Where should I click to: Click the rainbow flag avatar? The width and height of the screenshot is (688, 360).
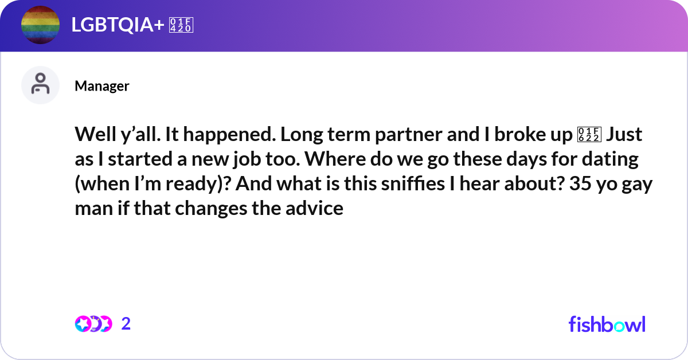click(40, 25)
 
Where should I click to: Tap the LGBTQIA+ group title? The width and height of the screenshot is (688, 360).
click(118, 25)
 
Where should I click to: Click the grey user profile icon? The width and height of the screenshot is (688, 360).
click(40, 85)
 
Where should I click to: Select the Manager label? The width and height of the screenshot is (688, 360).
click(102, 86)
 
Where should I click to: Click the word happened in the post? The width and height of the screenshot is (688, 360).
click(229, 135)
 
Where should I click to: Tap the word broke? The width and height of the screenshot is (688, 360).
click(519, 134)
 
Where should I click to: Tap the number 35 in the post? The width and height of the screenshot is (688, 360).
click(580, 183)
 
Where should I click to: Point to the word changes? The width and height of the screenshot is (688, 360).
click(211, 209)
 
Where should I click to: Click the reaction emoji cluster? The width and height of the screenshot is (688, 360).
click(93, 324)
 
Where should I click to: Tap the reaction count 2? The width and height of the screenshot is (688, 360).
click(126, 324)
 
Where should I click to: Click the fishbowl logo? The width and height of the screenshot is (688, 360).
click(607, 324)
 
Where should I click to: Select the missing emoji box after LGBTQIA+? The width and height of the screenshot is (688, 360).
click(181, 25)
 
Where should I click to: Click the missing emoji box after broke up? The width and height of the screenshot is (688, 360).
click(589, 135)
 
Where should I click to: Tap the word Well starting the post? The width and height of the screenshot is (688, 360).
click(95, 134)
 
